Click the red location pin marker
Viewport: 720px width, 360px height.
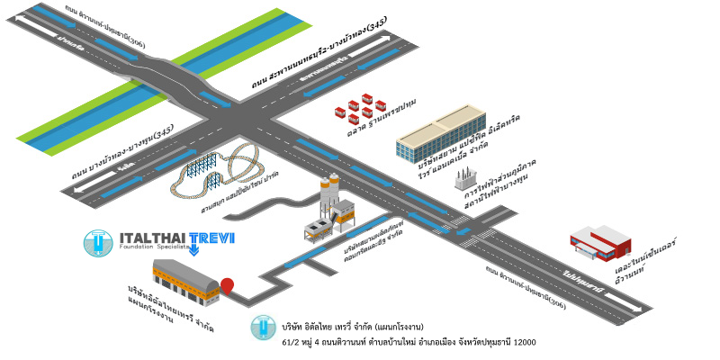coord(227,285)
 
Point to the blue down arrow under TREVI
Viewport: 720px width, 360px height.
coord(193,250)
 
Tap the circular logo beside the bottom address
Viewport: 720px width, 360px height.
coord(263,328)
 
